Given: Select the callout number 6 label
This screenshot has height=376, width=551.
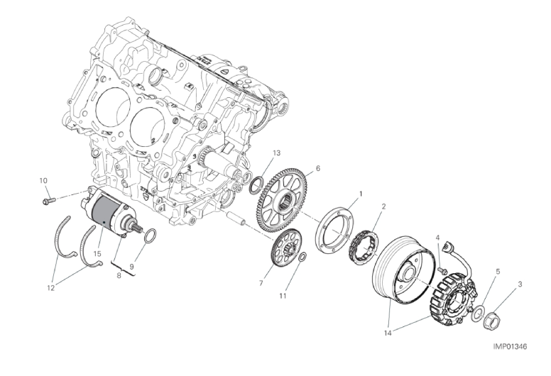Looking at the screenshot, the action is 318,169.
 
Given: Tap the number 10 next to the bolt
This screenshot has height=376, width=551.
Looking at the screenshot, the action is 43,181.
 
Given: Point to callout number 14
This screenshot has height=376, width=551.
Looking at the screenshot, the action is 388,333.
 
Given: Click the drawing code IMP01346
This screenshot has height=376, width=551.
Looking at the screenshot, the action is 511,346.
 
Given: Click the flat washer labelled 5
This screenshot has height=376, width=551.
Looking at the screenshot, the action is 478,313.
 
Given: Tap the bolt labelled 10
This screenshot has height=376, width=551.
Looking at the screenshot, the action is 49,201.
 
